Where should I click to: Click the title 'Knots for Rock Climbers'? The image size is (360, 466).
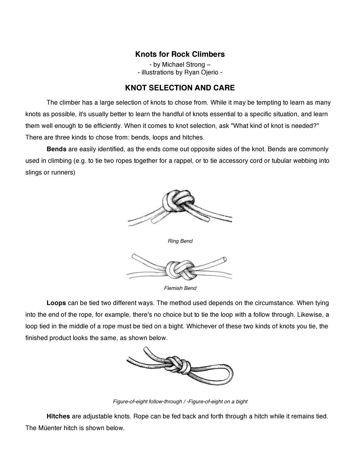(x=180, y=54)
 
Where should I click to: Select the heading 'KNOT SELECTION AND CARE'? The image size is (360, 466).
(x=180, y=88)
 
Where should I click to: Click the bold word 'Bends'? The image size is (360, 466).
(x=56, y=149)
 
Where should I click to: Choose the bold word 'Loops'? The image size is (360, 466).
(x=56, y=303)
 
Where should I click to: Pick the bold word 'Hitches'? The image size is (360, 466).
(x=58, y=416)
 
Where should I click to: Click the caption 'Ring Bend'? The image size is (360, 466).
(x=180, y=241)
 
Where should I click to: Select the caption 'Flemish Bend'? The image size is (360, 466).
(x=180, y=288)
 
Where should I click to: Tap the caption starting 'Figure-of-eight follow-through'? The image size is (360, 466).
(x=180, y=402)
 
